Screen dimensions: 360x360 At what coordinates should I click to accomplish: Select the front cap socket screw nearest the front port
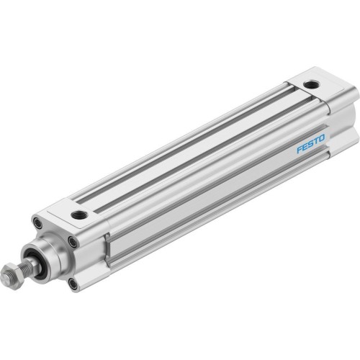pyautogui.click(x=73, y=242)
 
